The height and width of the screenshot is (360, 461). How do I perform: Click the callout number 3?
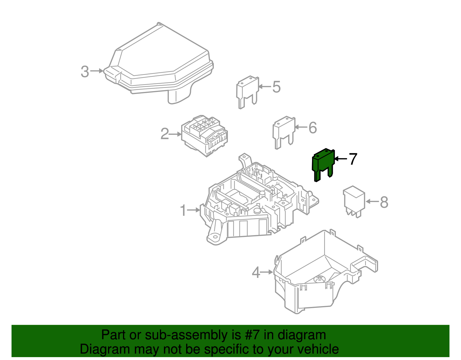point(85,72)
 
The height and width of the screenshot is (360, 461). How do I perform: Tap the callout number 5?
point(276,87)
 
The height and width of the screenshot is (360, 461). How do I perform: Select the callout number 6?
point(313,128)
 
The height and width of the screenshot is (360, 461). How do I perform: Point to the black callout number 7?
point(353,159)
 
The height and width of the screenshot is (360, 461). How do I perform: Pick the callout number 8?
point(384,202)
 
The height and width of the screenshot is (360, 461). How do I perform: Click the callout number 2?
point(165,134)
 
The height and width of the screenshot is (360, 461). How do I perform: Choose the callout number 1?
point(183,210)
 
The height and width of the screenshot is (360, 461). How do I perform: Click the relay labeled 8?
point(354,201)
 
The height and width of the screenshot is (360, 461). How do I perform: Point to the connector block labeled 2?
point(205,136)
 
